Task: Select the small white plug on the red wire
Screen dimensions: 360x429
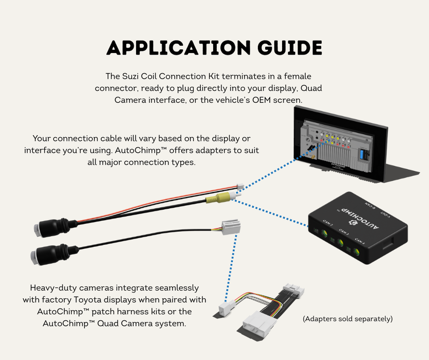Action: click(239, 188)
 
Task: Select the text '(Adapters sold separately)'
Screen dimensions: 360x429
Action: click(348, 319)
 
